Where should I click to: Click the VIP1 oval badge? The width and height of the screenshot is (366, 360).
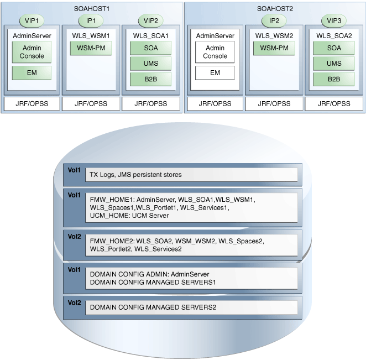[32, 20]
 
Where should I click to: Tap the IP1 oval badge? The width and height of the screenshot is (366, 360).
[91, 20]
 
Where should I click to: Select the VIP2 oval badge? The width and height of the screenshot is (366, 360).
[150, 20]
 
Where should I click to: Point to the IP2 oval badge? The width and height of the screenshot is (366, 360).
[274, 20]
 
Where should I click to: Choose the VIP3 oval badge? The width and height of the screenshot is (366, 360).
[333, 20]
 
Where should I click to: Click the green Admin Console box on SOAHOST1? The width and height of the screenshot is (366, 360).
[32, 52]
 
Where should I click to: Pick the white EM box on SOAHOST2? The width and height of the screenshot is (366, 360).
[215, 72]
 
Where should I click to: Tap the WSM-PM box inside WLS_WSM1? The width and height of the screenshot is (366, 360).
[91, 48]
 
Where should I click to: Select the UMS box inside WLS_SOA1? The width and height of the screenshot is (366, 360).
[150, 64]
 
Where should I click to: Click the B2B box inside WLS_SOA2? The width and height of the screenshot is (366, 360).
[333, 79]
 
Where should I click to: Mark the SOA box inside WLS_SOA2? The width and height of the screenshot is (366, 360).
[333, 48]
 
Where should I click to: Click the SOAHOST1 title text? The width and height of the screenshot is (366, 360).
[91, 8]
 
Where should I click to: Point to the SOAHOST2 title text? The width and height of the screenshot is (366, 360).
[275, 8]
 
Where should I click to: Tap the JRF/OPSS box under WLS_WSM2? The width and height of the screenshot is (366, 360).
[274, 103]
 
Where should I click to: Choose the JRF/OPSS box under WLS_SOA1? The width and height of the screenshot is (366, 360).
[150, 103]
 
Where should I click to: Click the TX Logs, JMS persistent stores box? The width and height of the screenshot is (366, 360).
[191, 175]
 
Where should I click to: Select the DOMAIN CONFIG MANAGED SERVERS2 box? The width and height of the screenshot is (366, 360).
[191, 307]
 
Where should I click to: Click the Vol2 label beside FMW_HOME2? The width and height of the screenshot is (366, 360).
[74, 237]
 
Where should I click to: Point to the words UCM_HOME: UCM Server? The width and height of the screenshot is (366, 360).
[129, 216]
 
